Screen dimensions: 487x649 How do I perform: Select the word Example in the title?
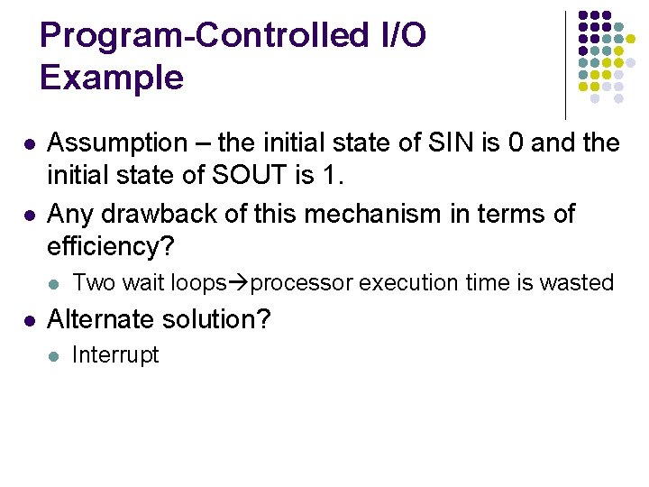pos(112,78)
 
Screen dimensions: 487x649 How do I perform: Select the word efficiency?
pos(109,246)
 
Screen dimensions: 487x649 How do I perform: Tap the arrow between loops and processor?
pos(239,283)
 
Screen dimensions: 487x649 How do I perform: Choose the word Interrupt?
pos(115,355)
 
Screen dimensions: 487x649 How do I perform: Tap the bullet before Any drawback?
pos(30,216)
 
